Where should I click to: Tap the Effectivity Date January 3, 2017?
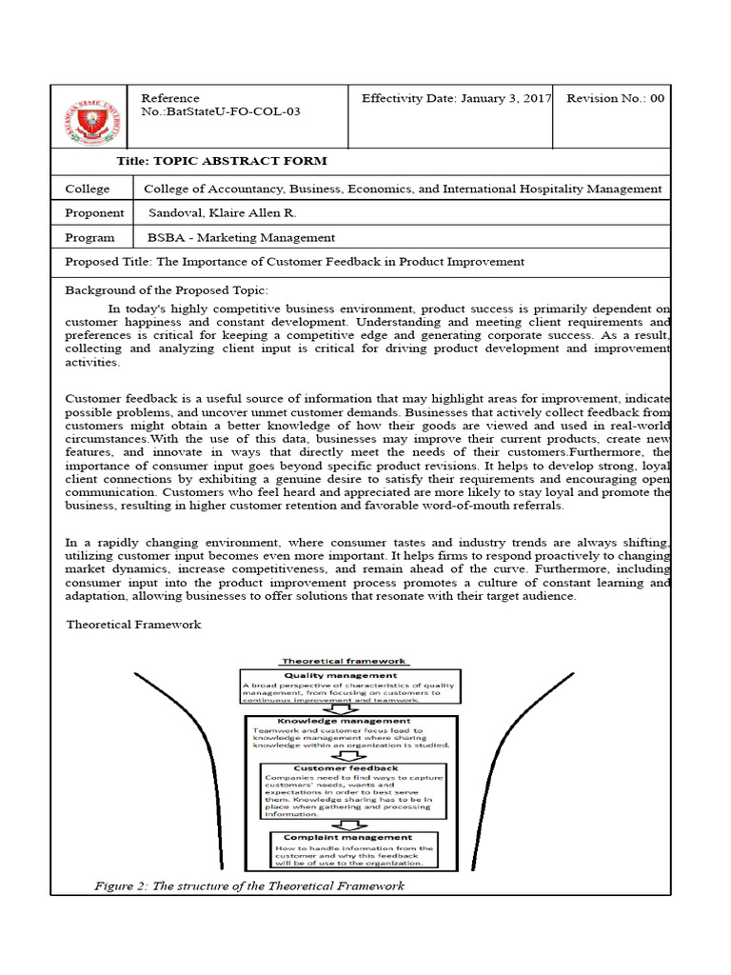456,99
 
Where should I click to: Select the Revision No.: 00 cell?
615,99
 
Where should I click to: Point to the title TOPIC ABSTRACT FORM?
221,161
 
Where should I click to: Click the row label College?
88,189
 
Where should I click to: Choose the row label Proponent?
94,213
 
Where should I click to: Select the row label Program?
89,238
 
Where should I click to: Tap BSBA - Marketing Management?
240,238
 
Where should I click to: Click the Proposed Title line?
294,262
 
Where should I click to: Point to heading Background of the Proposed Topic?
167,289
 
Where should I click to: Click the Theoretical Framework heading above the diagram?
133,625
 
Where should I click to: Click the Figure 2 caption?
248,885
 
